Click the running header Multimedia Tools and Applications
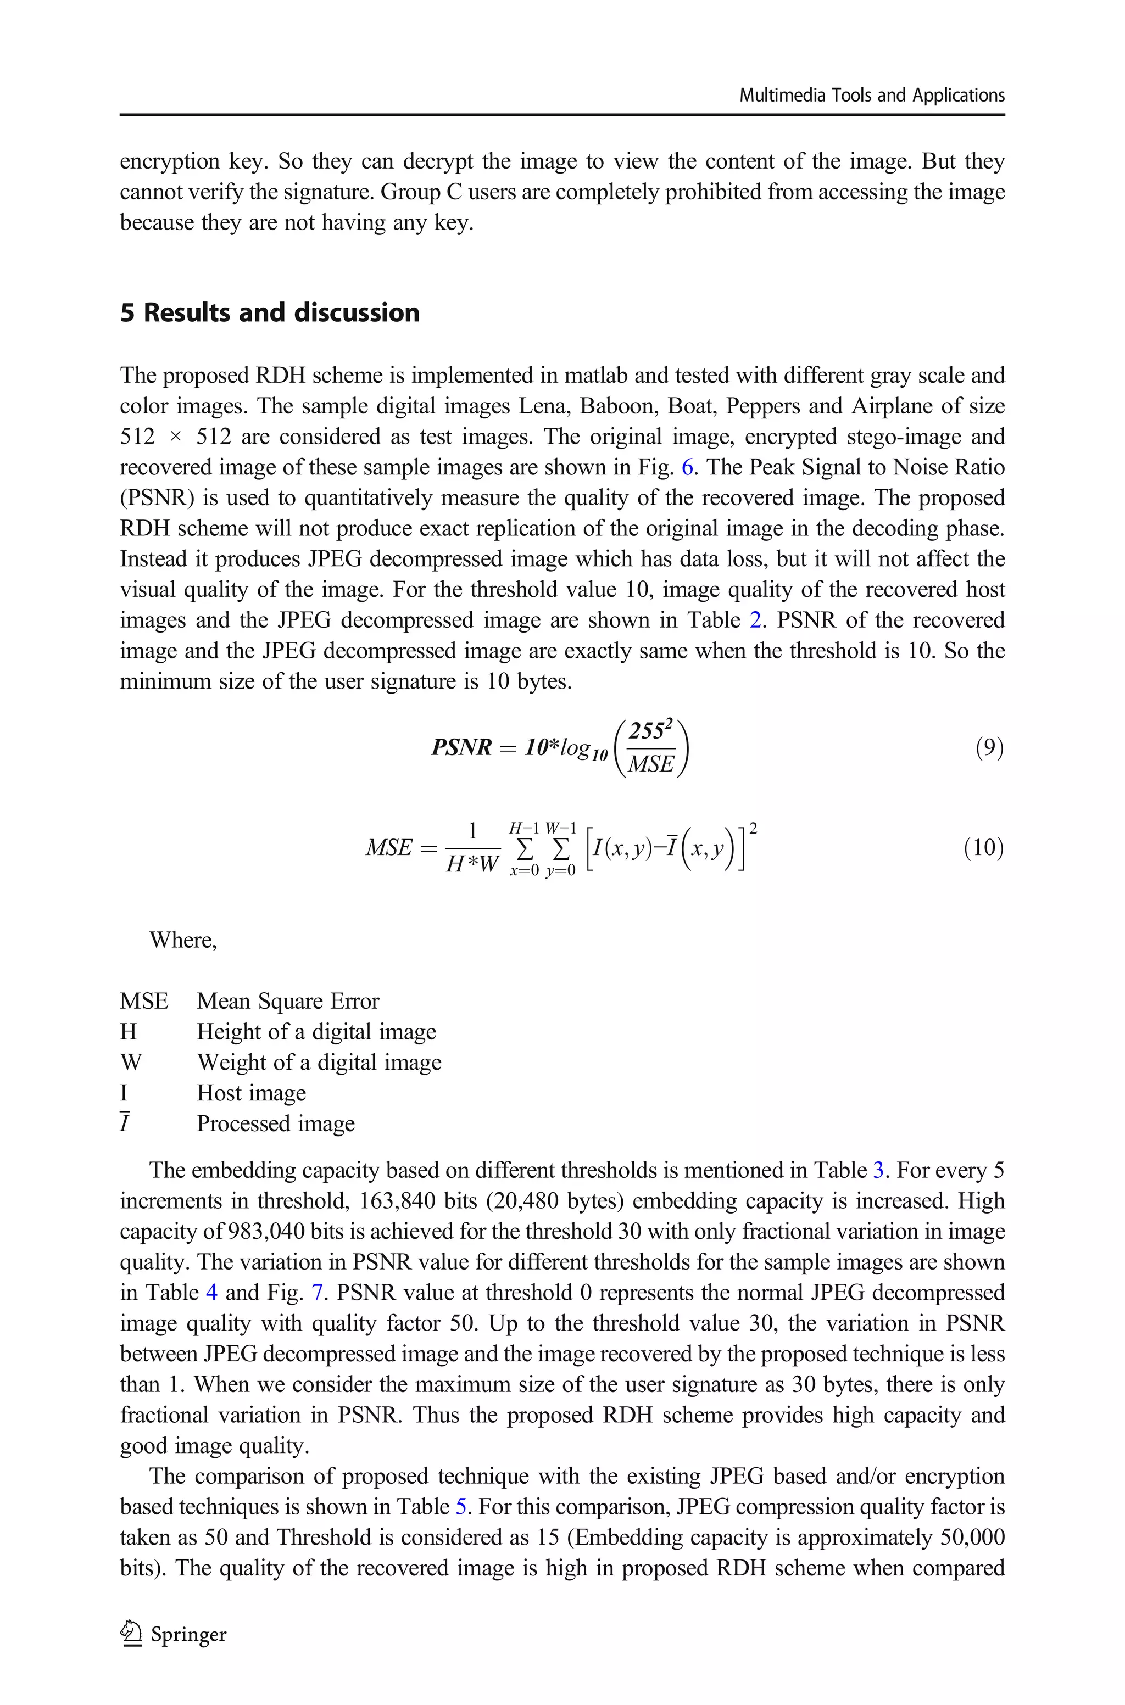pyautogui.click(x=871, y=96)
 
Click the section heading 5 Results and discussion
pyautogui.click(x=270, y=314)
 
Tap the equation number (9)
pyautogui.click(x=989, y=748)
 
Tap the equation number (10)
pyautogui.click(x=983, y=847)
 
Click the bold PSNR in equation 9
pyautogui.click(x=461, y=748)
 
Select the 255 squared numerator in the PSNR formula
pyautogui.click(x=650, y=731)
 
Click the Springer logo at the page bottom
pyautogui.click(x=174, y=1635)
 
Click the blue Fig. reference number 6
pyautogui.click(x=687, y=467)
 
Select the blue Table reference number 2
pyautogui.click(x=755, y=620)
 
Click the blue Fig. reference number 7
pyautogui.click(x=316, y=1293)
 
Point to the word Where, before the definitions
pyautogui.click(x=183, y=940)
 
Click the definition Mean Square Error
pyautogui.click(x=288, y=1001)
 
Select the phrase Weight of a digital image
pyautogui.click(x=319, y=1062)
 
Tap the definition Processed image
pyautogui.click(x=276, y=1123)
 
